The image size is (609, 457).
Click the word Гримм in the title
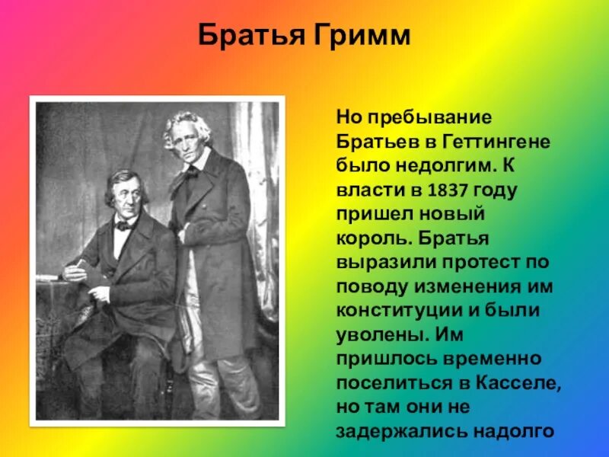coord(362,36)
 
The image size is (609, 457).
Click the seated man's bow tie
coord(124,225)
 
